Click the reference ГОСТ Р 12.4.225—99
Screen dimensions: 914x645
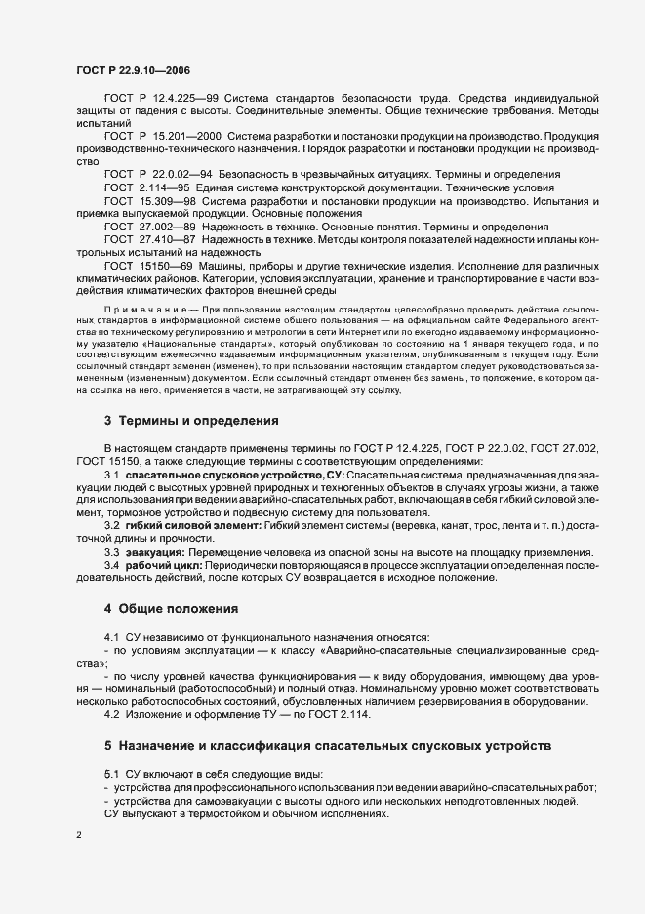tap(160, 99)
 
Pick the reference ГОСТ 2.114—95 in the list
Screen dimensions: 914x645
tap(150, 186)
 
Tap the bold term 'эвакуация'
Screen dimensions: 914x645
tap(154, 552)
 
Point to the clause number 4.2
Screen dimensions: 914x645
tap(111, 715)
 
